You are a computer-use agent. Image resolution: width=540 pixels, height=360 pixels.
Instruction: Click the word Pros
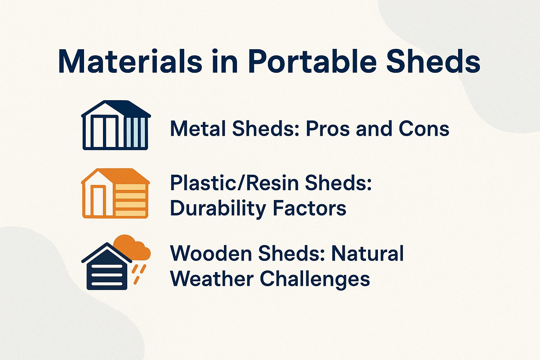[328, 129]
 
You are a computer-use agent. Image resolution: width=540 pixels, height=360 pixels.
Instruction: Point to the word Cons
[424, 129]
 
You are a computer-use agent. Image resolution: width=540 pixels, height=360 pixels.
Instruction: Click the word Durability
[218, 208]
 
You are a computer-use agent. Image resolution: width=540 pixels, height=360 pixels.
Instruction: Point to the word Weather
[212, 279]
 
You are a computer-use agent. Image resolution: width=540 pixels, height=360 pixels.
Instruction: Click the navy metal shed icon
[116, 126]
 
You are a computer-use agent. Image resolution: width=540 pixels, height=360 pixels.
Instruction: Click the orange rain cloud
[132, 246]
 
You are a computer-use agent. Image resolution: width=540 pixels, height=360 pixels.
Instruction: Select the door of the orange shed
[98, 201]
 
